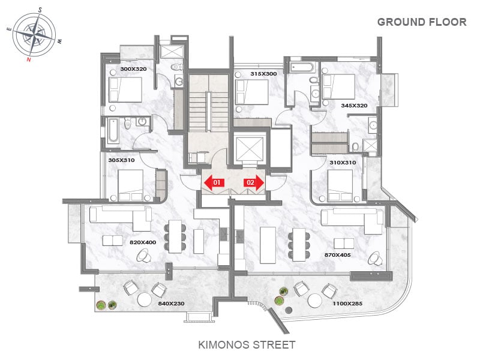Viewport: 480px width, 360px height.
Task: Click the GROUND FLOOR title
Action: pos(422,22)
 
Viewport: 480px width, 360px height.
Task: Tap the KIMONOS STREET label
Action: pos(247,345)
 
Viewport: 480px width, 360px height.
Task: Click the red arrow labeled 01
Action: pos(214,183)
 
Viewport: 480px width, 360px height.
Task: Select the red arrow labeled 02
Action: pos(254,183)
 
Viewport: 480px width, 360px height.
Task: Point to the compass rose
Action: pos(34,35)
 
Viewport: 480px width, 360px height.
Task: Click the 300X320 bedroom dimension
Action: pos(133,69)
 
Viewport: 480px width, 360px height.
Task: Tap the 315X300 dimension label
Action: pos(263,74)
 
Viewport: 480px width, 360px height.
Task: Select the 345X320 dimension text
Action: pos(354,106)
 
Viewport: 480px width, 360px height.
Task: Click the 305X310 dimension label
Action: pos(121,160)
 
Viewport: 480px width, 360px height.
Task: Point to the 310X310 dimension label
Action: pos(343,163)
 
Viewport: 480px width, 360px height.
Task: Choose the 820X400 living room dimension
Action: pos(143,242)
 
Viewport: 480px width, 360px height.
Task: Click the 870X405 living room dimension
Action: pos(338,255)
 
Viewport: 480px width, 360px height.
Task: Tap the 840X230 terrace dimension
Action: pos(171,304)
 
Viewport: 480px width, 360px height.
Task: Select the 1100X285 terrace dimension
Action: pos(347,304)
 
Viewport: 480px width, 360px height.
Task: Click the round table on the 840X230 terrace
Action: pos(145,299)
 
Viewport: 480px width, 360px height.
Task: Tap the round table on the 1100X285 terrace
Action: pos(314,301)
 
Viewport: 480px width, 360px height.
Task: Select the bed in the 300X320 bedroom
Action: pos(125,89)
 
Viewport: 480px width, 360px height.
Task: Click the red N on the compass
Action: pos(29,59)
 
